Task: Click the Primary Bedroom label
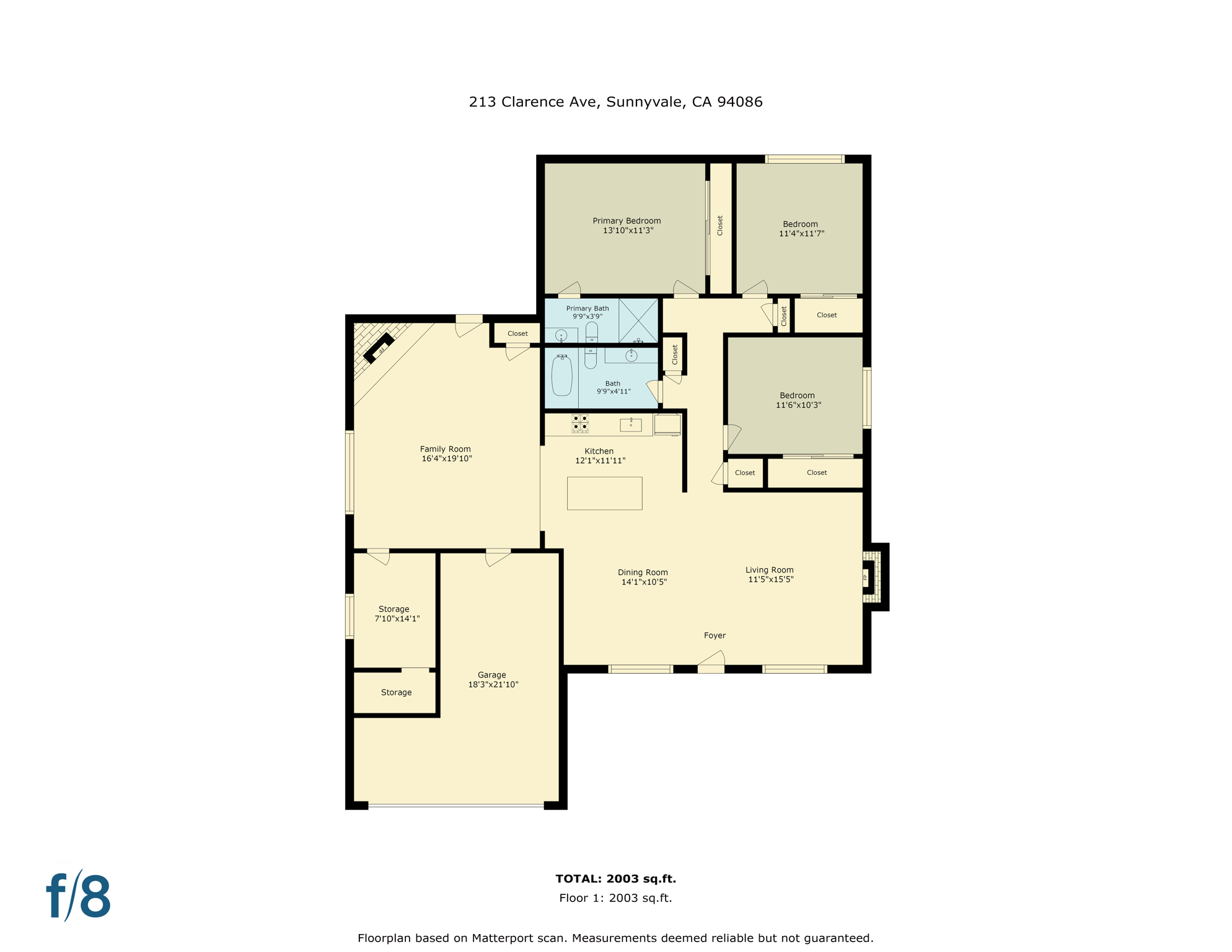pos(627,221)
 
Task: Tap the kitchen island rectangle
pos(604,493)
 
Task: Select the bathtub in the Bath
pos(561,376)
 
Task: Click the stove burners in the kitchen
pos(580,423)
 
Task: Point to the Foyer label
pos(715,635)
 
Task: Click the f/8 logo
pos(79,896)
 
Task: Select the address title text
pos(615,102)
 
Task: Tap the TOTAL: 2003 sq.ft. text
pos(615,878)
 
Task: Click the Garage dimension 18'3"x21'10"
pos(493,684)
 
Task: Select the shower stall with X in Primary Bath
pos(638,320)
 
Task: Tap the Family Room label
pos(445,449)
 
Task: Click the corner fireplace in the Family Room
pos(379,348)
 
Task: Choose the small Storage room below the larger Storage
pos(395,692)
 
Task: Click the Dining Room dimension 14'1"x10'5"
pos(644,582)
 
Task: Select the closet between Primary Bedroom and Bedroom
pos(720,226)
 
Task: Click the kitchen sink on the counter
pos(631,425)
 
